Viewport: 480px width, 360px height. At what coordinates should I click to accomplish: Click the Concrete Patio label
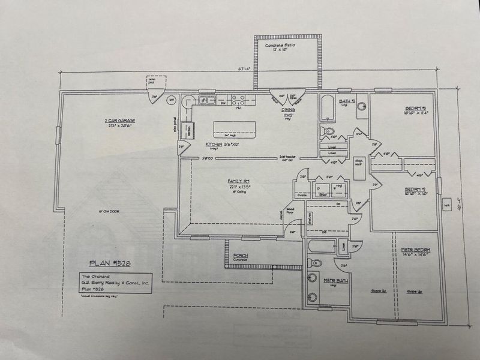coord(286,46)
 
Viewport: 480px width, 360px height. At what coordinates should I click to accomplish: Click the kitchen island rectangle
coord(235,128)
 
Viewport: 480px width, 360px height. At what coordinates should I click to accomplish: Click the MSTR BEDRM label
coord(416,250)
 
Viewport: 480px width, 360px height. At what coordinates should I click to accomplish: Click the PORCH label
coord(241,256)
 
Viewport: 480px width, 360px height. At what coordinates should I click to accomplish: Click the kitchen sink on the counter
coord(206,100)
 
